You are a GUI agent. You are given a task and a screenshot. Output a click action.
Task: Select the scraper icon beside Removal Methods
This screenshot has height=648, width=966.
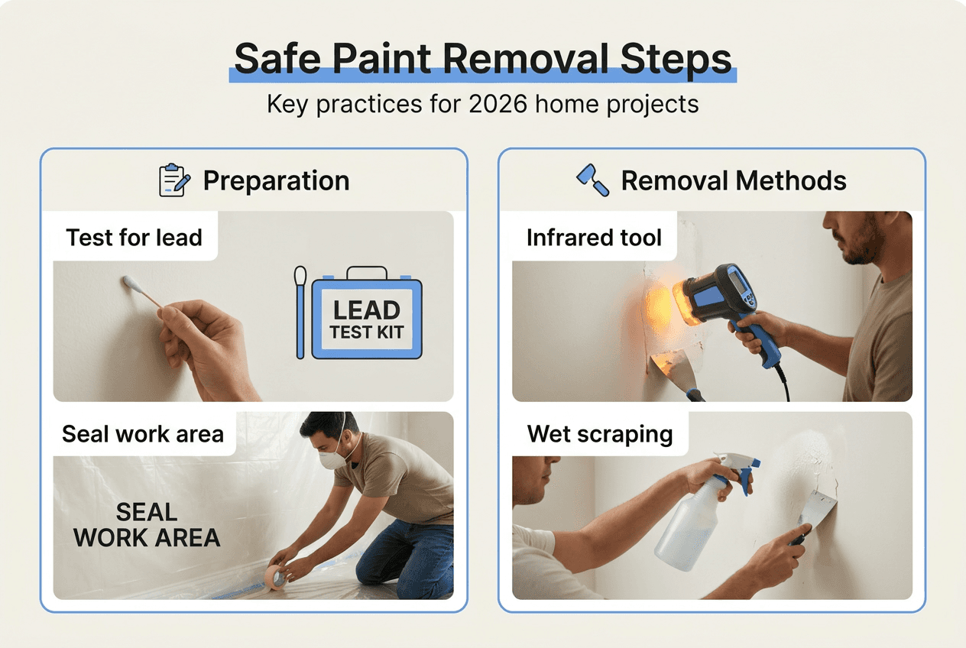[592, 180]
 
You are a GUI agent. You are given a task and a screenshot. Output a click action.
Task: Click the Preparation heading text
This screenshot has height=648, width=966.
[276, 181]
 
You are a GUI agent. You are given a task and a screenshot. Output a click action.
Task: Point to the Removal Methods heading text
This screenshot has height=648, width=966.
[733, 181]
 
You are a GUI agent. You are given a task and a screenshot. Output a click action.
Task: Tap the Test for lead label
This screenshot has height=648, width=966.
[134, 238]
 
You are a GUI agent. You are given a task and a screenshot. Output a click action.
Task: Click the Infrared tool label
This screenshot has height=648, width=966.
[594, 238]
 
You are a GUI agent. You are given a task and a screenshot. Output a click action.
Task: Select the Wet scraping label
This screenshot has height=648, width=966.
[600, 434]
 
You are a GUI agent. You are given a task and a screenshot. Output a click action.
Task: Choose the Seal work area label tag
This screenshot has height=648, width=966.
[143, 434]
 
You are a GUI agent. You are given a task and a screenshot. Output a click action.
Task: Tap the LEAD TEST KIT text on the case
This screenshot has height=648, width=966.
[367, 319]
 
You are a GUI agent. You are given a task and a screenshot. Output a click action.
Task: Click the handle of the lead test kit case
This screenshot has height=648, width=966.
[367, 272]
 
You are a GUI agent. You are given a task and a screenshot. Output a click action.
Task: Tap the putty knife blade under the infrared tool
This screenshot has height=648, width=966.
[673, 367]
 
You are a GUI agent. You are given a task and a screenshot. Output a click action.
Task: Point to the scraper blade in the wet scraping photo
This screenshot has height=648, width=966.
[817, 507]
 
